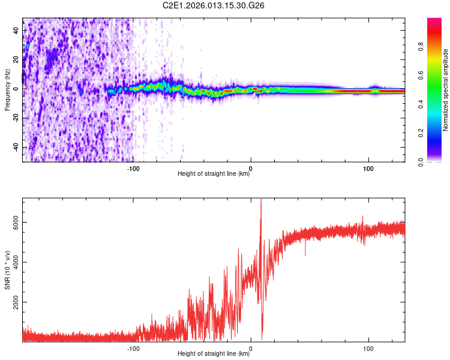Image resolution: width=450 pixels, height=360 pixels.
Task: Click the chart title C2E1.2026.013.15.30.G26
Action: (x=214, y=5)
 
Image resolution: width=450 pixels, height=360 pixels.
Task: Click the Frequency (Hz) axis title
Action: (x=7, y=90)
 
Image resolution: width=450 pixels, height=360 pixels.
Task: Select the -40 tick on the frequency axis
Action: (x=16, y=147)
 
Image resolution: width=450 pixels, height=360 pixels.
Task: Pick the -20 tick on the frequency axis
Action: (x=16, y=118)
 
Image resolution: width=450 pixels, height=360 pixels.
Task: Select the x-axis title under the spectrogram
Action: (x=214, y=174)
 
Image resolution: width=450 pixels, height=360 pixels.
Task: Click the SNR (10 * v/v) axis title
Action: (x=7, y=270)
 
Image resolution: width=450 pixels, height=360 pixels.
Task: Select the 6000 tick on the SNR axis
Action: (x=16, y=223)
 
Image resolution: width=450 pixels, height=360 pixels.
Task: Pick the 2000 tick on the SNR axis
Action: (x=16, y=301)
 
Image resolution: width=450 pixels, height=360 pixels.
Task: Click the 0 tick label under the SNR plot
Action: (x=251, y=347)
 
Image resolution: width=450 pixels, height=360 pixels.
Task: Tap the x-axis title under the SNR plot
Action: (x=214, y=354)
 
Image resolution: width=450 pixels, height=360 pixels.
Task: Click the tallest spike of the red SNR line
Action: (x=261, y=200)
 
